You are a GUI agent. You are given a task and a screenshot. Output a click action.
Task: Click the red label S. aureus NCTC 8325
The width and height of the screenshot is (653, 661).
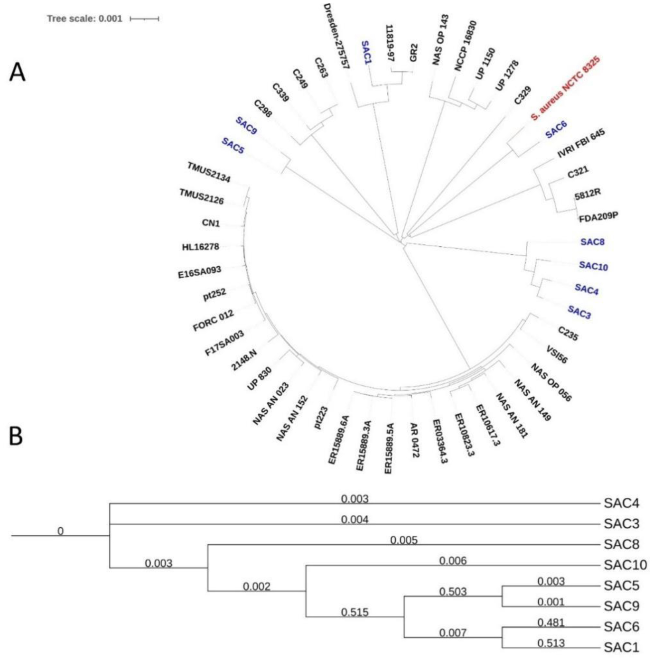point(566,88)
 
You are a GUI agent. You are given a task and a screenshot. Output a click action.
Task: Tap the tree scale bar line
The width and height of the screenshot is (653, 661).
point(145,19)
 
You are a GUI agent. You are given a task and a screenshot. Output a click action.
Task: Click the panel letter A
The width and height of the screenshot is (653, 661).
point(18,73)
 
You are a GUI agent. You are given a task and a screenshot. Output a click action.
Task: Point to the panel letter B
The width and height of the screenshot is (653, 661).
point(16,436)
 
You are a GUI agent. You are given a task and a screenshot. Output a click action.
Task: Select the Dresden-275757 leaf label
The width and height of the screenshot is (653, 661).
point(336,36)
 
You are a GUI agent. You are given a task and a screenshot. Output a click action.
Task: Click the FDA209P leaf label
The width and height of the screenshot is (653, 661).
point(598,217)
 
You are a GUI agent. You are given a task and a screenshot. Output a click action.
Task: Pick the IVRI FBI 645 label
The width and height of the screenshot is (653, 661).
point(581,144)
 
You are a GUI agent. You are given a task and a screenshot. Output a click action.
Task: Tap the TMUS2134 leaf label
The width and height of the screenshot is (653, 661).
point(209,172)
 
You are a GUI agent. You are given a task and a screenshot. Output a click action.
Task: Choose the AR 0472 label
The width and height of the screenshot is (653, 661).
point(414,440)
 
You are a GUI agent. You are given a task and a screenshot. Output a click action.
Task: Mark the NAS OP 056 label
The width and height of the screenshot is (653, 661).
point(551,382)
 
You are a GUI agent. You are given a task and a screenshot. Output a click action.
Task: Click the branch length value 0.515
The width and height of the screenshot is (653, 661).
point(354,612)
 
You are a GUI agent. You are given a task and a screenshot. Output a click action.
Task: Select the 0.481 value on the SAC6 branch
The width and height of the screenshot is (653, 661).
point(550,622)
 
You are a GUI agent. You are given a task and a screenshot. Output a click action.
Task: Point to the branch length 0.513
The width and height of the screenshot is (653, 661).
point(550,643)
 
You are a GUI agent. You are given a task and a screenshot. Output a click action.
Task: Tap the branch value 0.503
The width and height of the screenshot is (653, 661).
point(453,591)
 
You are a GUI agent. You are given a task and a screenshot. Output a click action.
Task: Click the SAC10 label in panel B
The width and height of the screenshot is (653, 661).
point(625,565)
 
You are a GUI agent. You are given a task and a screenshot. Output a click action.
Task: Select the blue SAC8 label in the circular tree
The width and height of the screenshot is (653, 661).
point(592,242)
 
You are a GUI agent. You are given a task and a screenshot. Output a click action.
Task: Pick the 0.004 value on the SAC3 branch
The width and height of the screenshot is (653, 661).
point(354,520)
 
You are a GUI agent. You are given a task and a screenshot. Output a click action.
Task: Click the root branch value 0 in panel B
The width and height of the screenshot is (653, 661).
point(60,531)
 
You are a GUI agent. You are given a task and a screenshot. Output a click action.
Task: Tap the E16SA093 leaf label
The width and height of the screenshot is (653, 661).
point(199,273)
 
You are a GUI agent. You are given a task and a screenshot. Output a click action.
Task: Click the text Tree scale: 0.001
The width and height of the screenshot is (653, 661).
point(84,19)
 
